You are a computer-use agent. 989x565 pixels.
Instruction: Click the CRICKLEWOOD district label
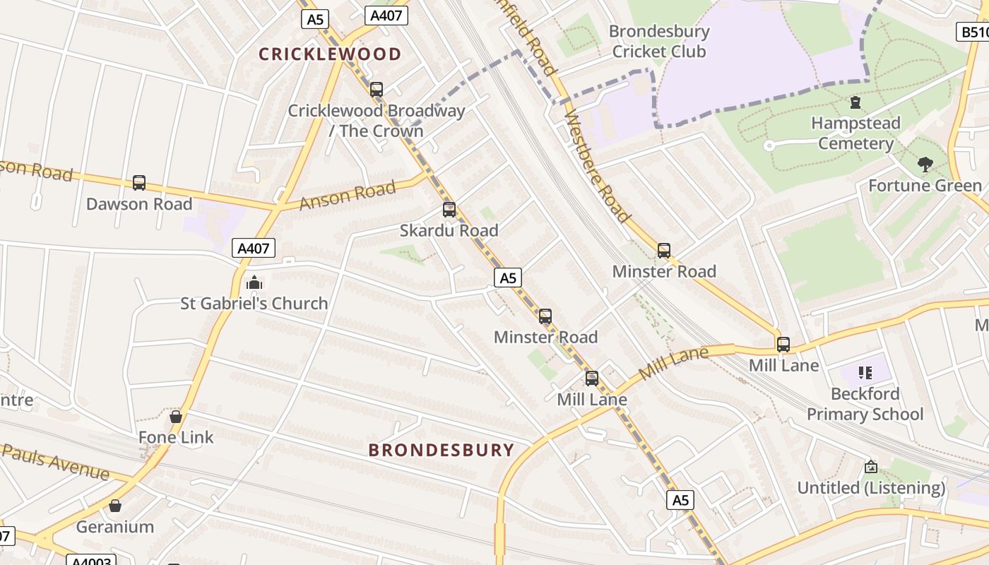tap(329, 54)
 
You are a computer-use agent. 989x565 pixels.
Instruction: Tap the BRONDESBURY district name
tap(442, 450)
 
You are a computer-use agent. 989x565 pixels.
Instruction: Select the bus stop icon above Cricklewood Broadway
tap(377, 90)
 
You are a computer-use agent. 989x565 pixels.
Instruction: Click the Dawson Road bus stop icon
tap(139, 183)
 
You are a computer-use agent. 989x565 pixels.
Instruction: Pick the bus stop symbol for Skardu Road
tap(449, 210)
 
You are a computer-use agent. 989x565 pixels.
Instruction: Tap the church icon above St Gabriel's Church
tap(254, 283)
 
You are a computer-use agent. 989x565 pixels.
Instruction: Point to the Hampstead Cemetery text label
tap(855, 133)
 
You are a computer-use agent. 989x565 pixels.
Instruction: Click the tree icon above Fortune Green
tap(925, 165)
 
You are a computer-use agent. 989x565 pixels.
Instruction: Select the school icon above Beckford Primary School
tap(865, 372)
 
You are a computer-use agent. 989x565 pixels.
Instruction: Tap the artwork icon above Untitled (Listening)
tap(871, 467)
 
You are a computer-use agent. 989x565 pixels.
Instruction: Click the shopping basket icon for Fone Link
tap(176, 417)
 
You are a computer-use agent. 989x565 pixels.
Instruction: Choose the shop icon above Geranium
tap(115, 506)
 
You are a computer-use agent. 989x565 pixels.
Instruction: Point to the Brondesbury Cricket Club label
tap(658, 42)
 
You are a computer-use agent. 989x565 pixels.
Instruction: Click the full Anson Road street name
tap(347, 195)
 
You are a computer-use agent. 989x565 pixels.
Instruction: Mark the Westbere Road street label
tap(597, 168)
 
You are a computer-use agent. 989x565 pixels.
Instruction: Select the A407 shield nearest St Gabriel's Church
tap(253, 248)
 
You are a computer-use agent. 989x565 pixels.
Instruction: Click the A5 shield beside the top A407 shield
tap(314, 19)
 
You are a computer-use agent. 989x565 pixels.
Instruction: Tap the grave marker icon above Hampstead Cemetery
tap(855, 103)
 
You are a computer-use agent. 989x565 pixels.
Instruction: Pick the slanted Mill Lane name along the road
tap(673, 362)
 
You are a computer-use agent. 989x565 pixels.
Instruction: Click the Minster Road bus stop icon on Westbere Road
tap(664, 251)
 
